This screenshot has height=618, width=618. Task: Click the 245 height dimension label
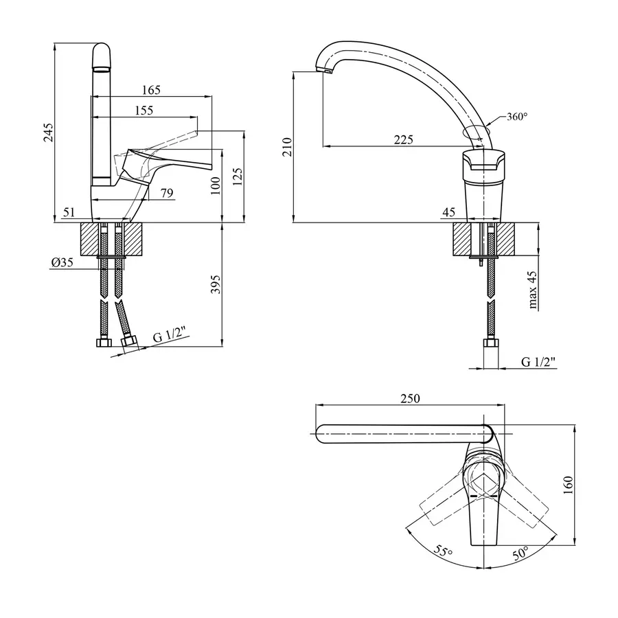tap(47, 132)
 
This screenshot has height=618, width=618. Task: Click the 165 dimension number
tap(151, 90)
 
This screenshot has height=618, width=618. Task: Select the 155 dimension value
tap(144, 110)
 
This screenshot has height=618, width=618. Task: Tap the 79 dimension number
tap(166, 193)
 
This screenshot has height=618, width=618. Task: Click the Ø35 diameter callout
tap(62, 262)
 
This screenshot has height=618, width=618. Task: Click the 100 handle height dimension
tap(215, 185)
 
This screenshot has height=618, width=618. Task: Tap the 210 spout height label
tap(287, 147)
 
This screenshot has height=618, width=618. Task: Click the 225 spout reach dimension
tap(403, 139)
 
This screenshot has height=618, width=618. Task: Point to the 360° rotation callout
tap(517, 117)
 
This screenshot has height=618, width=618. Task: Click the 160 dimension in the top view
tap(567, 485)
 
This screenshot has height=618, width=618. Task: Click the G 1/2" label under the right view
tap(538, 361)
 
